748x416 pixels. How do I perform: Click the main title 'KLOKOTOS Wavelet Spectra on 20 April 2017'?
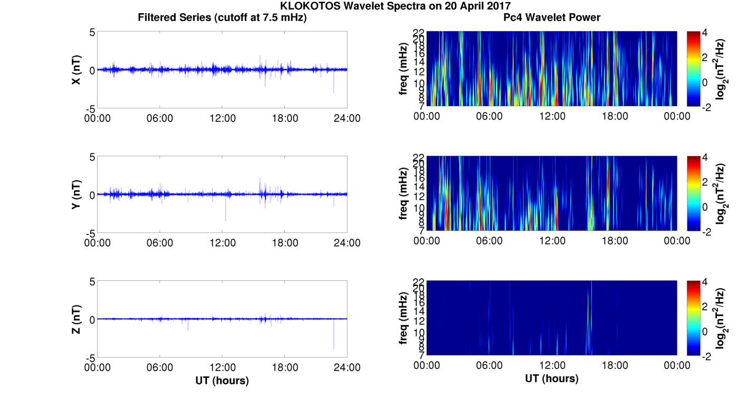point(395,6)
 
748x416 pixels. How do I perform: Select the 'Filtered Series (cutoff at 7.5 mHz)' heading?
point(222,17)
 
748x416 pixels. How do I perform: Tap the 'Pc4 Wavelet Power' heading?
point(552,17)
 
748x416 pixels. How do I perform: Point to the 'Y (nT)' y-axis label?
point(76,195)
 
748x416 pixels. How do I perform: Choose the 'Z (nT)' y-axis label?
point(76,319)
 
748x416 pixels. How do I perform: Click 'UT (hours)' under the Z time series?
point(222,380)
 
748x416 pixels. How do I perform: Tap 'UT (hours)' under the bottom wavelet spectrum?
point(552,379)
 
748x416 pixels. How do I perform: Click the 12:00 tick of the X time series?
point(222,118)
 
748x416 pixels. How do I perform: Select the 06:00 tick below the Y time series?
point(160,243)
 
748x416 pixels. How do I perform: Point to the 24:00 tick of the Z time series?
point(347,367)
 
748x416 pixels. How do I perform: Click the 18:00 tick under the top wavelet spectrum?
point(615,116)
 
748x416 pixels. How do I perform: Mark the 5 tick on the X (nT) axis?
point(92,32)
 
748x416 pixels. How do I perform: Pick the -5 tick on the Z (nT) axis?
point(89,357)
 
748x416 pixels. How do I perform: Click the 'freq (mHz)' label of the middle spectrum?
point(404,195)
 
